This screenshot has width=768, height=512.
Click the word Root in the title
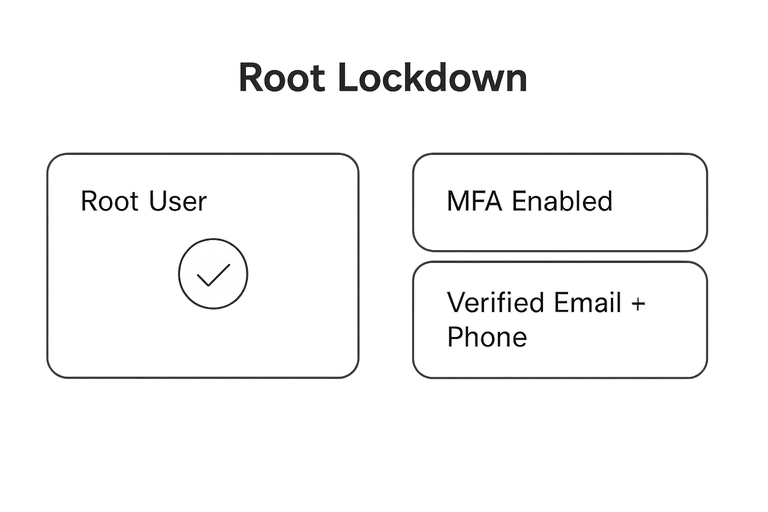point(281,77)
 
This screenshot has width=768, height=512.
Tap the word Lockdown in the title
point(432,77)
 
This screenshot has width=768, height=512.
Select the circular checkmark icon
point(213,273)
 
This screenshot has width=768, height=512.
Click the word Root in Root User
point(109,201)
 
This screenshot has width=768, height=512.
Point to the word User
point(177,201)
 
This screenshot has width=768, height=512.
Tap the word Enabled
point(562,201)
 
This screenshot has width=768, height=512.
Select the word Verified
point(495,302)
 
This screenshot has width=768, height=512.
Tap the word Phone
point(487,336)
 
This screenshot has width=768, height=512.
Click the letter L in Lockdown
point(348,77)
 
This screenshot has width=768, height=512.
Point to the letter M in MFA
point(458,201)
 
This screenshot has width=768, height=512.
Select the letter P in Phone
point(455,336)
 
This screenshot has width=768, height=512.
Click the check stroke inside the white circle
point(213,275)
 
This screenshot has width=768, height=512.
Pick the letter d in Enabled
point(604,201)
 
